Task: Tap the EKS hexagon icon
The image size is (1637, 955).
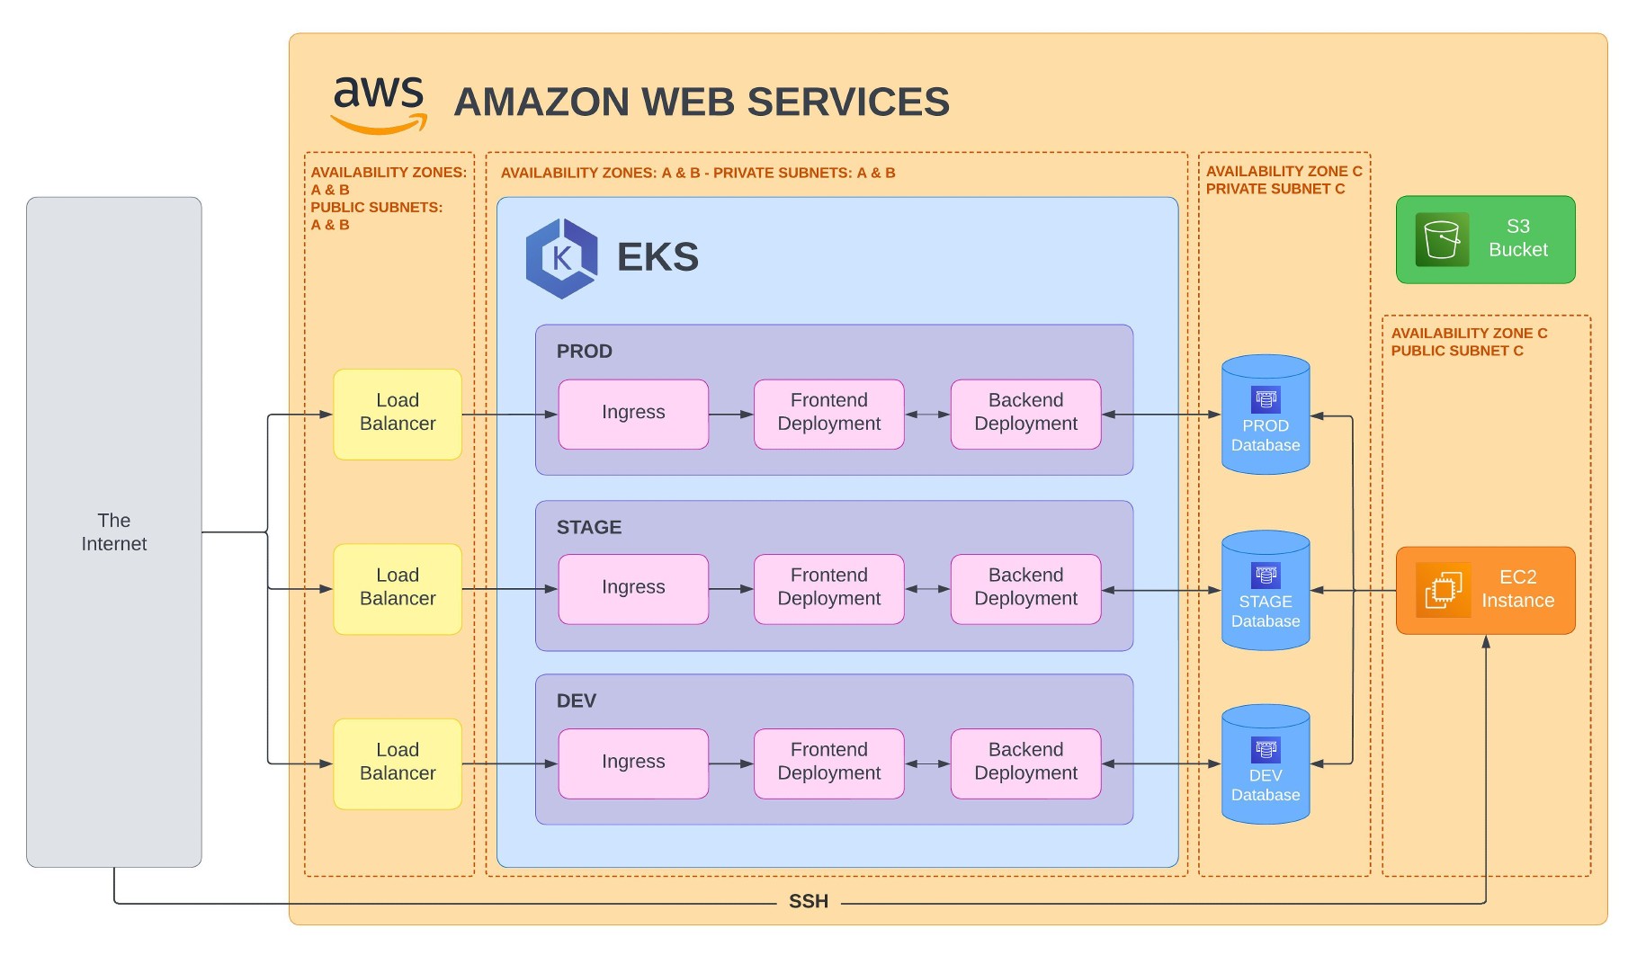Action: pyautogui.click(x=561, y=258)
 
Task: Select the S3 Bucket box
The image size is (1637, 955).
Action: pyautogui.click(x=1485, y=239)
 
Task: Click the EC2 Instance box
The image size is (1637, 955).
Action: pyautogui.click(x=1485, y=590)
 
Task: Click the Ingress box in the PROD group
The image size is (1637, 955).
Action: pyautogui.click(x=633, y=414)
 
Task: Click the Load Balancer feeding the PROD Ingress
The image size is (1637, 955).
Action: pyautogui.click(x=398, y=414)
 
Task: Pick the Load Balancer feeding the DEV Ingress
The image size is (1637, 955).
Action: pyautogui.click(x=398, y=763)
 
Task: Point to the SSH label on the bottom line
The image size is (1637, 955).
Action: pyautogui.click(x=808, y=902)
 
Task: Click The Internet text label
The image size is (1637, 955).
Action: pyautogui.click(x=114, y=532)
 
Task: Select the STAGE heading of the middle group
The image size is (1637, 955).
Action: pyautogui.click(x=589, y=528)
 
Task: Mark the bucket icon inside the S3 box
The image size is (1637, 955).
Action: pyautogui.click(x=1442, y=240)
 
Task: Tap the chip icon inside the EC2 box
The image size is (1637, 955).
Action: pyautogui.click(x=1443, y=590)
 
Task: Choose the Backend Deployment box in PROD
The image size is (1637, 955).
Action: pyautogui.click(x=1025, y=414)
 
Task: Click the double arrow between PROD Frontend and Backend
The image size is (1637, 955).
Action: pyautogui.click(x=927, y=415)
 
